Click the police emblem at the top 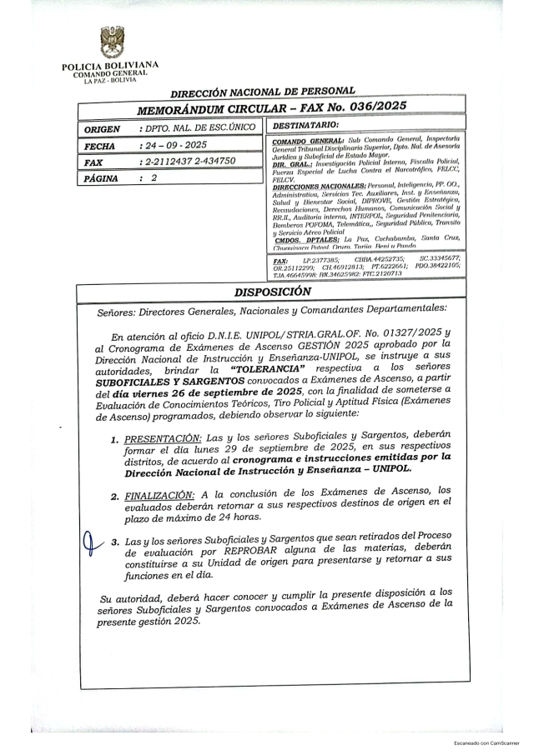pyautogui.click(x=110, y=42)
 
